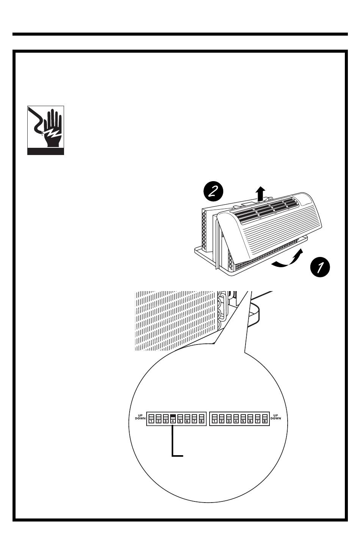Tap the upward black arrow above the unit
pyautogui.click(x=260, y=194)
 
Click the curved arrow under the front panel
pyautogui.click(x=288, y=260)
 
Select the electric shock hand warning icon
pyautogui.click(x=45, y=130)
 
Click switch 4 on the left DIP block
pyautogui.click(x=173, y=418)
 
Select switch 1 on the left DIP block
pyautogui.click(x=151, y=418)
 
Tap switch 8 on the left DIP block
pyautogui.click(x=202, y=418)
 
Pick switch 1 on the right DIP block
pyautogui.click(x=214, y=418)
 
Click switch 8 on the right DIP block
pyautogui.click(x=265, y=418)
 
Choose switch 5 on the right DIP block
pyautogui.click(x=243, y=418)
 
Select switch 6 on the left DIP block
pyautogui.click(x=187, y=418)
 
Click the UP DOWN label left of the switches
pyautogui.click(x=140, y=417)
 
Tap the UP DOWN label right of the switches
pyautogui.click(x=275, y=417)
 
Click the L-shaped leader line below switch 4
pyautogui.click(x=172, y=442)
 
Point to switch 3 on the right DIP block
pyautogui.click(x=229, y=418)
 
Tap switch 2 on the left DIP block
pyautogui.click(x=158, y=418)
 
